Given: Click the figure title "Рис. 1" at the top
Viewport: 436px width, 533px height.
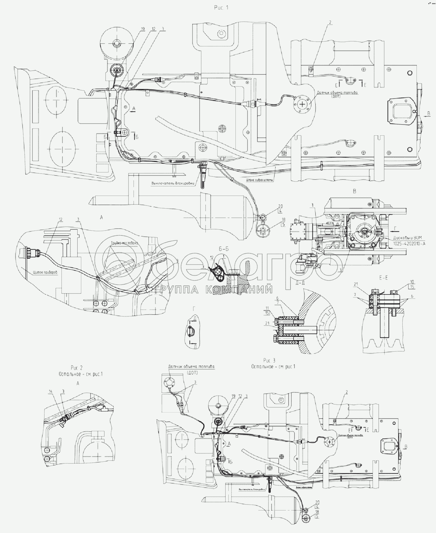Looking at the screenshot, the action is [x=221, y=8].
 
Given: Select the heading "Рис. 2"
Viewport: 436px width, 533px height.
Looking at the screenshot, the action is [x=77, y=368].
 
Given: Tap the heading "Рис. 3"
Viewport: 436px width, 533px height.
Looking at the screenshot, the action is [x=269, y=360].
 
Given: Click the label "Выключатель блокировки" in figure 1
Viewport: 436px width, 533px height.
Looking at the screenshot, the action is [x=173, y=183].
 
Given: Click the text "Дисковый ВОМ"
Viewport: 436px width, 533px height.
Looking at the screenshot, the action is [x=407, y=238].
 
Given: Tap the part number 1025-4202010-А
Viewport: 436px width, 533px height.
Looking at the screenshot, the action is [x=409, y=243].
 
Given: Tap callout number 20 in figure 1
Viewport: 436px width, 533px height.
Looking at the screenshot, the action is [x=280, y=206].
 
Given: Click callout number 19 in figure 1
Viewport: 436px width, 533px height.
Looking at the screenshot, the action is [x=142, y=29].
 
